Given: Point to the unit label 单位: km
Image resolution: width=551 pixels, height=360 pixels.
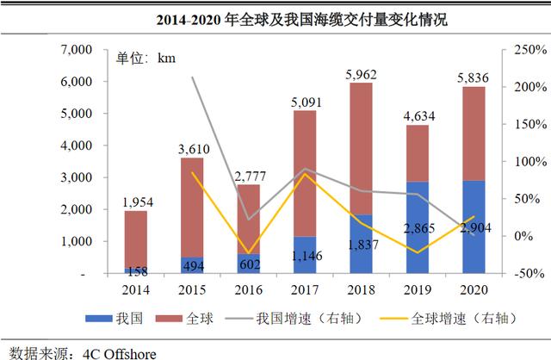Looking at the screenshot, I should coord(145,57).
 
